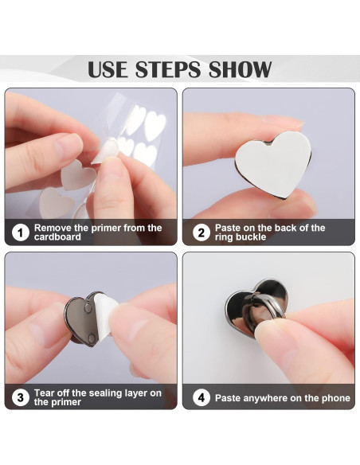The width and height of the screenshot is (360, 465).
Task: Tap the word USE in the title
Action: point(108,69)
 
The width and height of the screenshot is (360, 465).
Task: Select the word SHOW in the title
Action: point(240,69)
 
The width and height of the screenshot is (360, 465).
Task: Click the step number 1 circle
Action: point(20,232)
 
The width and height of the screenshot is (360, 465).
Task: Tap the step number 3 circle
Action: point(20,397)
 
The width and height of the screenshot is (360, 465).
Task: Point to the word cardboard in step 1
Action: point(57,237)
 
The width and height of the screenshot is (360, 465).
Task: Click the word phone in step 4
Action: point(335,397)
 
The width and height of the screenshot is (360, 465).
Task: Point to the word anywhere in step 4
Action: point(274,397)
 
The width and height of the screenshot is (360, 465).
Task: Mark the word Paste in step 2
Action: point(229,228)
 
